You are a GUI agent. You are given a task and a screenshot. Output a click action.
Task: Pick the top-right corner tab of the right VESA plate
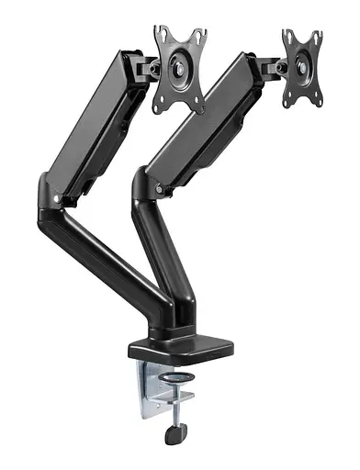coord(316,34)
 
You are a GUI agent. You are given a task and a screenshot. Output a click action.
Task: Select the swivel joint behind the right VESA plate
coord(270,66)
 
